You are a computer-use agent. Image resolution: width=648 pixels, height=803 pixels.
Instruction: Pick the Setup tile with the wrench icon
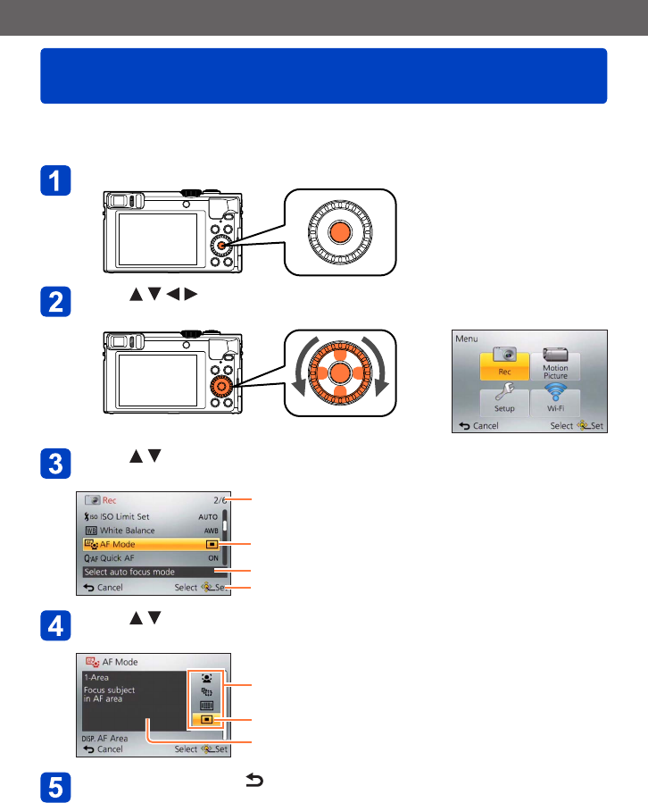[503, 403]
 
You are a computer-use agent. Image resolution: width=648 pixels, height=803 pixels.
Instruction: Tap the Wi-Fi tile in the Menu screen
[555, 403]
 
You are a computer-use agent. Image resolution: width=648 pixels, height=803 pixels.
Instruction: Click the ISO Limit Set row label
[124, 516]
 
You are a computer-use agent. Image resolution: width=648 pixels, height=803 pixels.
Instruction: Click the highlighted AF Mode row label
[117, 543]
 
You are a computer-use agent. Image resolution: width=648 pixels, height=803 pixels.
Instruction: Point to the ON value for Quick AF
[212, 557]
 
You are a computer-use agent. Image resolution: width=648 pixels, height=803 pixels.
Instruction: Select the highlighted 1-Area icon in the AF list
[206, 719]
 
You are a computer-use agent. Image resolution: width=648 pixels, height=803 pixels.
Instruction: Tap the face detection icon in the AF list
[206, 678]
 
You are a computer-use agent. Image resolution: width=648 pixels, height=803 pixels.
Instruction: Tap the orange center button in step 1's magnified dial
[339, 233]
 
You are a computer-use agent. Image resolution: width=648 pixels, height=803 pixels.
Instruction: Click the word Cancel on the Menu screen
[486, 426]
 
